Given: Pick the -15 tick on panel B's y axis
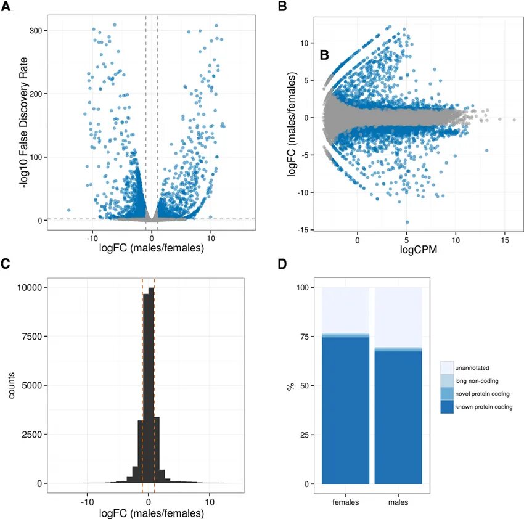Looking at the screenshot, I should coord(304,231).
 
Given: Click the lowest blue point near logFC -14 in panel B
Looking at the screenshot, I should coord(407,222).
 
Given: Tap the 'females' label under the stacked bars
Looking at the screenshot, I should coord(345,502).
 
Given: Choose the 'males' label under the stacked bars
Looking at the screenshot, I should coord(398,502).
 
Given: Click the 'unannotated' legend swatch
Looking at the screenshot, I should coord(448,368).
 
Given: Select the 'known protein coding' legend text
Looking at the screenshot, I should coord(485,407).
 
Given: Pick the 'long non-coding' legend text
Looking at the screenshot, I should coord(477,381).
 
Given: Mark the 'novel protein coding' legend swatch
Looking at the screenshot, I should coord(448,394).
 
